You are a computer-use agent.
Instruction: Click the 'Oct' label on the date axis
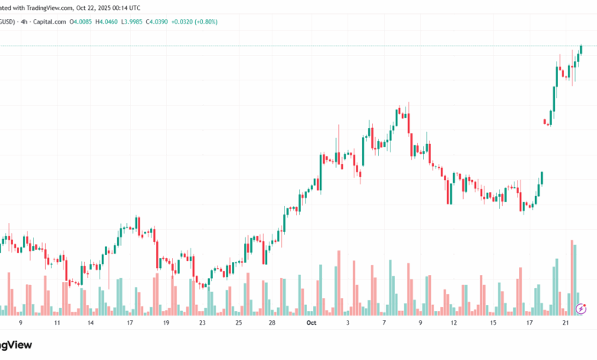click(311, 323)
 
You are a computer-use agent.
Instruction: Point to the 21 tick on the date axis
click(565, 323)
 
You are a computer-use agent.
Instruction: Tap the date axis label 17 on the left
click(129, 323)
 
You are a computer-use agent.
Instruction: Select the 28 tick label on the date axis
click(272, 323)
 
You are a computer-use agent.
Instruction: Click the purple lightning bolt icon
click(581, 309)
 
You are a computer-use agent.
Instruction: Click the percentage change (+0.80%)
click(205, 21)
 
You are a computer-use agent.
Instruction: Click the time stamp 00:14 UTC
click(124, 8)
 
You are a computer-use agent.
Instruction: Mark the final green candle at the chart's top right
click(581, 50)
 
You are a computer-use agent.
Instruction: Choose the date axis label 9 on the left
click(31, 323)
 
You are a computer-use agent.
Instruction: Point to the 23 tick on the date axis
click(202, 323)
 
